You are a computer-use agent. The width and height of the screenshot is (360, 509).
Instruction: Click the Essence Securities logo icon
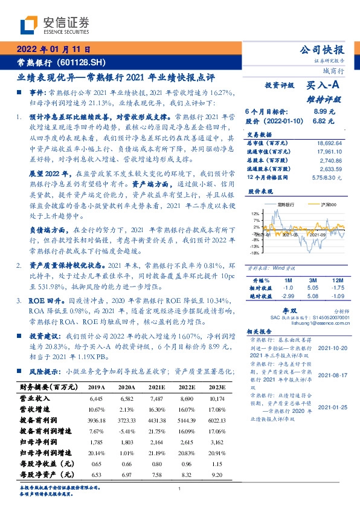tap(30, 26)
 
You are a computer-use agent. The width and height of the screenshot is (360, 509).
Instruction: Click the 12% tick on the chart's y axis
tap(256, 214)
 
